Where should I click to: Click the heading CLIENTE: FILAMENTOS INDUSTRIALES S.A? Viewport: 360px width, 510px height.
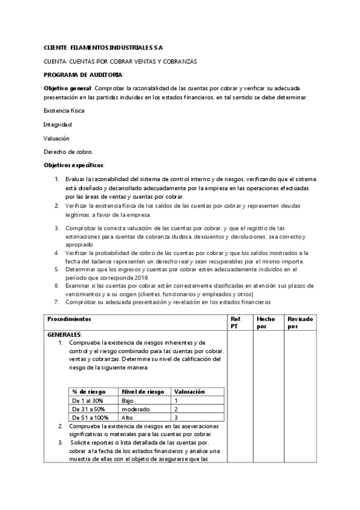point(103,47)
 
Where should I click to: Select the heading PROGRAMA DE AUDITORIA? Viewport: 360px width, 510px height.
point(84,75)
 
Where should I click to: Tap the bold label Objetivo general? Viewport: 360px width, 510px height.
point(67,88)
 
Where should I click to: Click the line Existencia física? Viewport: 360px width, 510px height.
point(64,110)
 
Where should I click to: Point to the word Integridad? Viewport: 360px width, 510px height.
point(58,124)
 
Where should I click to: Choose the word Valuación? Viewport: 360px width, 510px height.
point(57,138)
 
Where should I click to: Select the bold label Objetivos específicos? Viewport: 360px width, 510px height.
point(74,165)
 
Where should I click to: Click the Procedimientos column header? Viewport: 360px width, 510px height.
point(70,318)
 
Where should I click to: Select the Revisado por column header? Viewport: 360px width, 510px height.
point(300,322)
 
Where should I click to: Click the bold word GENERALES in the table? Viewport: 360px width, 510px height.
point(64,334)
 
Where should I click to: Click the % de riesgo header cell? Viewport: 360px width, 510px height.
point(88,392)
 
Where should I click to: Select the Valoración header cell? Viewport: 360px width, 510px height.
point(189,392)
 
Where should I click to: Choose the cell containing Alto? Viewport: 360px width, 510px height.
point(127,417)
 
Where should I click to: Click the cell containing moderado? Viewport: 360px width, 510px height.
point(135,408)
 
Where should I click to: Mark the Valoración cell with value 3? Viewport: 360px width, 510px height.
point(176,417)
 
